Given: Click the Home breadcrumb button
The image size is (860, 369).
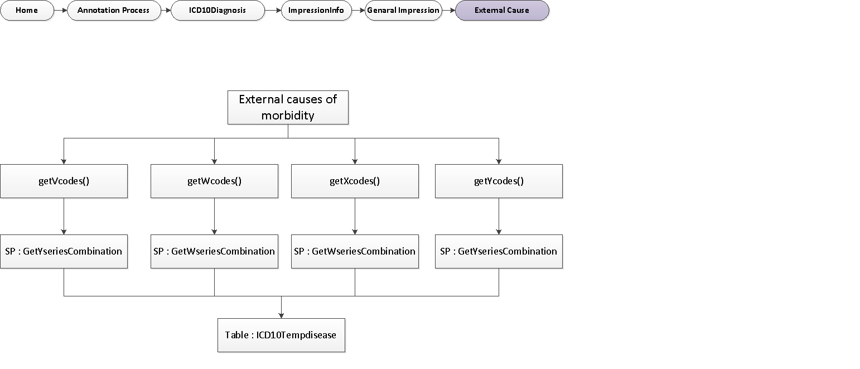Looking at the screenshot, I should coord(27,10).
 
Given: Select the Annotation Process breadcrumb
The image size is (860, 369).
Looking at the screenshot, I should coord(113,10).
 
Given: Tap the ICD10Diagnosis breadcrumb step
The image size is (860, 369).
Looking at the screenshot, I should coord(217,10).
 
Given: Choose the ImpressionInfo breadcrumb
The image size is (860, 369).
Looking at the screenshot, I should coord(316,10).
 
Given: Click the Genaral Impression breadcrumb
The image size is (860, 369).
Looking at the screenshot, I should coord(403,10).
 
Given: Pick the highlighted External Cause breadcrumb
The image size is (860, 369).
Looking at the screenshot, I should coord(501,10).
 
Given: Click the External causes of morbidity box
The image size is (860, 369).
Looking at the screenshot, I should coord(288,107).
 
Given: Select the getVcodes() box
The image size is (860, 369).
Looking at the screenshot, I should coord(64,181).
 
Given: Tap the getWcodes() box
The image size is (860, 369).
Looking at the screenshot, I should coord(214,181).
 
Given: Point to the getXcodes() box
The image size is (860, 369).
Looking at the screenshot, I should coord(355,181).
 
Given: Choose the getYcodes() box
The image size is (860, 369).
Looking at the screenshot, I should coord(499,181).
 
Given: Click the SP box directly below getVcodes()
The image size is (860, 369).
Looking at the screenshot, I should coord(64,251).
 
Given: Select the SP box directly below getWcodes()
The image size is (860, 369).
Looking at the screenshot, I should coord(214,251).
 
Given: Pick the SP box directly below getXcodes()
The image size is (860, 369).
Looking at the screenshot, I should coord(355,251).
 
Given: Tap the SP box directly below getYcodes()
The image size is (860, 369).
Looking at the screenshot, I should coord(499,251).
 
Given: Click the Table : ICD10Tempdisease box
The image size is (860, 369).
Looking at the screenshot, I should coord(281,335).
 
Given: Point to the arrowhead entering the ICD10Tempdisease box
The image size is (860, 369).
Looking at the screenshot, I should coord(281,315).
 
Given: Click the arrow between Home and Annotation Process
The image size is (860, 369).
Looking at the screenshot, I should coord(60,10).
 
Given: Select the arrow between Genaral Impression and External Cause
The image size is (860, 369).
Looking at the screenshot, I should coord(448,10).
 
